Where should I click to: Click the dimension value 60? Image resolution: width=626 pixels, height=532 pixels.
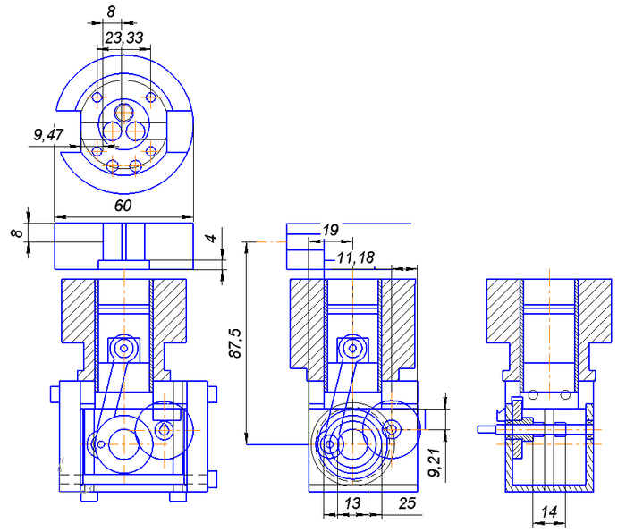tap(123, 206)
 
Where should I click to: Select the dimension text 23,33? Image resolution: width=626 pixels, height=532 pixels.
tap(123, 38)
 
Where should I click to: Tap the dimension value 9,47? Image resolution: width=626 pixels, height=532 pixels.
tap(48, 135)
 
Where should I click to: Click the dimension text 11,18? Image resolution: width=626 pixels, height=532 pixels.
tap(355, 258)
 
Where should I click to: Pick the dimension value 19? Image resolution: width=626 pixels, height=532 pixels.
tap(329, 231)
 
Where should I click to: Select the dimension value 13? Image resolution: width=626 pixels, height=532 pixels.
tap(351, 503)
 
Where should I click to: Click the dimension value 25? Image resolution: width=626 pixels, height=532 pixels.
tap(408, 503)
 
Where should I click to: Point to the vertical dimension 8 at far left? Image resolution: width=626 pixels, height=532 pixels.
tap(15, 234)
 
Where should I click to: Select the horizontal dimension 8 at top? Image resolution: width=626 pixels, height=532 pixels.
tap(111, 12)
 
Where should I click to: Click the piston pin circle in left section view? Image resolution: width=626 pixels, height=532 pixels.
tap(123, 345)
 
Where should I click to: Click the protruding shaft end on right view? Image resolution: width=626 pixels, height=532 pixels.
tap(486, 428)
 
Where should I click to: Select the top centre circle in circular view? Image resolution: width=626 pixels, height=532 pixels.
tap(123, 112)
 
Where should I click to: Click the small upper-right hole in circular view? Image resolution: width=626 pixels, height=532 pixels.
tap(150, 97)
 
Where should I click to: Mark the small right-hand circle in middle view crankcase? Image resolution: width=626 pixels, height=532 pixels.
tap(390, 430)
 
